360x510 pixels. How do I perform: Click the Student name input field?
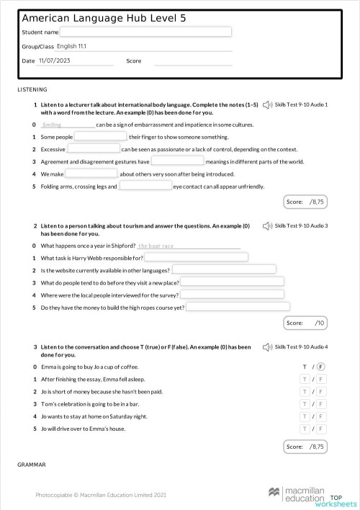tap(145, 32)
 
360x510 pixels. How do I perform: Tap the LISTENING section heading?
tap(31, 89)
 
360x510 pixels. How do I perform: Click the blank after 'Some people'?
tap(100, 136)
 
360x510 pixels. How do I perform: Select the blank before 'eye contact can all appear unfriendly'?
tap(145, 186)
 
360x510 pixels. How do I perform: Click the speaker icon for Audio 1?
tap(268, 105)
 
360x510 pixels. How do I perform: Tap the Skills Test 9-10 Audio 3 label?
tap(302, 226)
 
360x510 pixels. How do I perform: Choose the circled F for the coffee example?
tap(321, 367)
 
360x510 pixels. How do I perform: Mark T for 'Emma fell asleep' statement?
tap(305, 379)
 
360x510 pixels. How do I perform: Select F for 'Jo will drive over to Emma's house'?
tap(321, 429)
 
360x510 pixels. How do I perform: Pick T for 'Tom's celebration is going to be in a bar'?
tap(305, 404)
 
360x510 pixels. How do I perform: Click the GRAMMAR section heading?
tap(32, 465)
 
